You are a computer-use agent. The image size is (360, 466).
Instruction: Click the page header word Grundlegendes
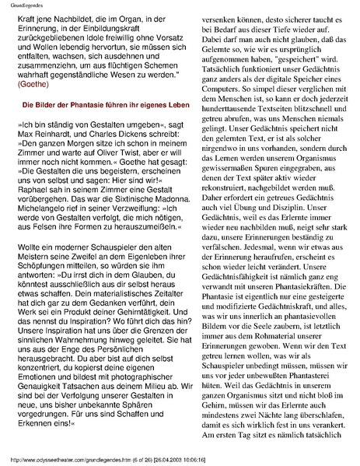point(23,5)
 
